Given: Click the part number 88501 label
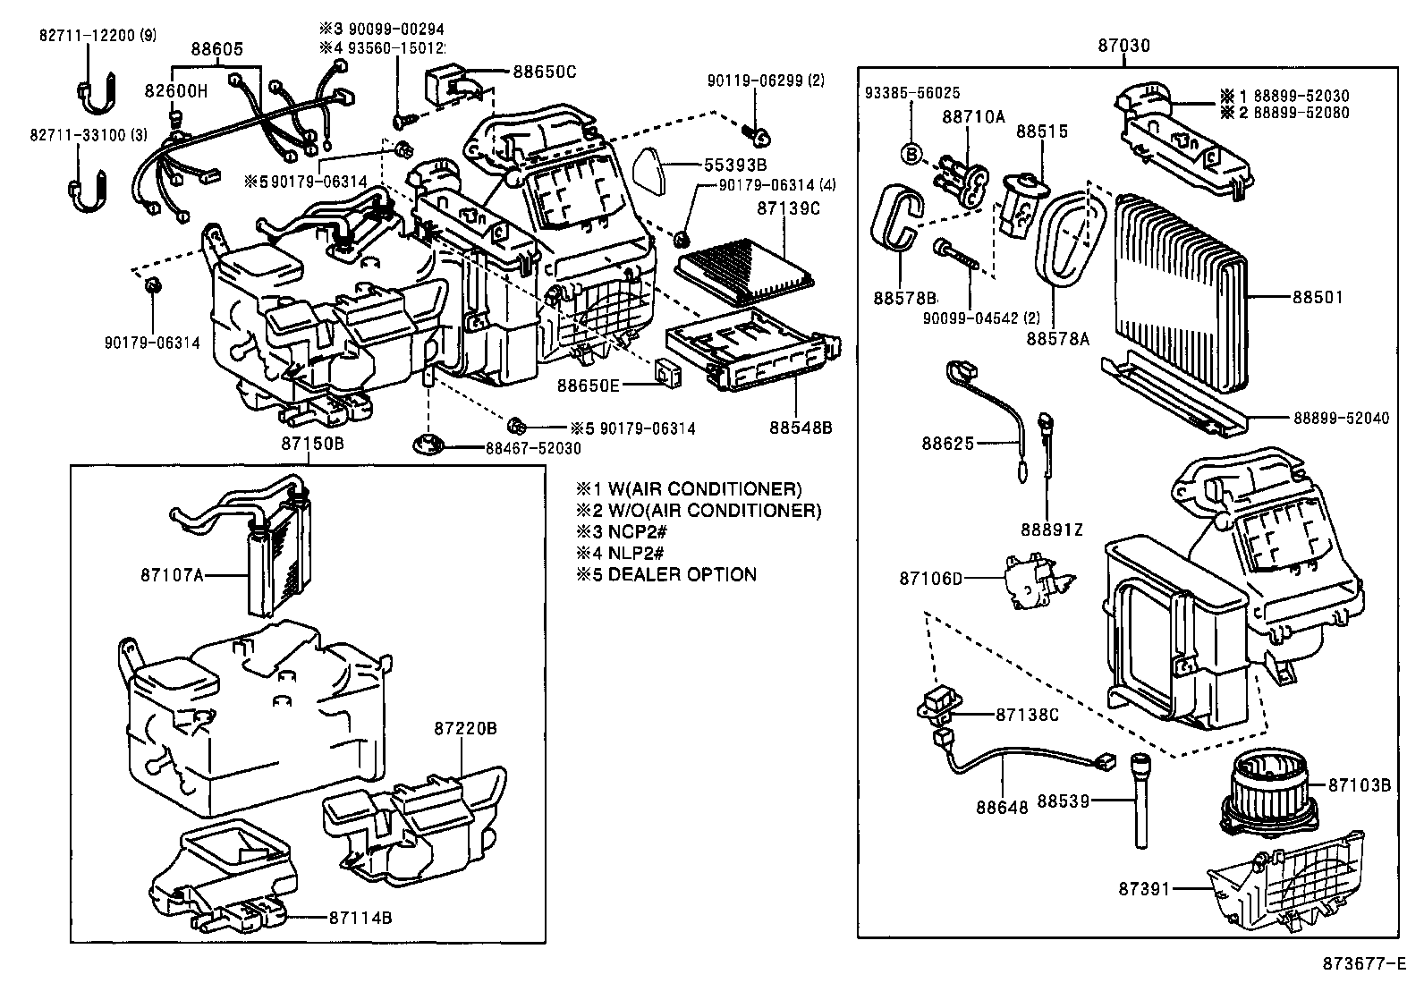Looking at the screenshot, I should [x=1317, y=297].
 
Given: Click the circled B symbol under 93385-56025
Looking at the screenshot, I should [x=911, y=154].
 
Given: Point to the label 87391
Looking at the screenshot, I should [x=1144, y=889].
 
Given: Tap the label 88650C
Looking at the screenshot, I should [x=544, y=71].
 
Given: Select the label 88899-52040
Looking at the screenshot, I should [x=1341, y=418].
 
